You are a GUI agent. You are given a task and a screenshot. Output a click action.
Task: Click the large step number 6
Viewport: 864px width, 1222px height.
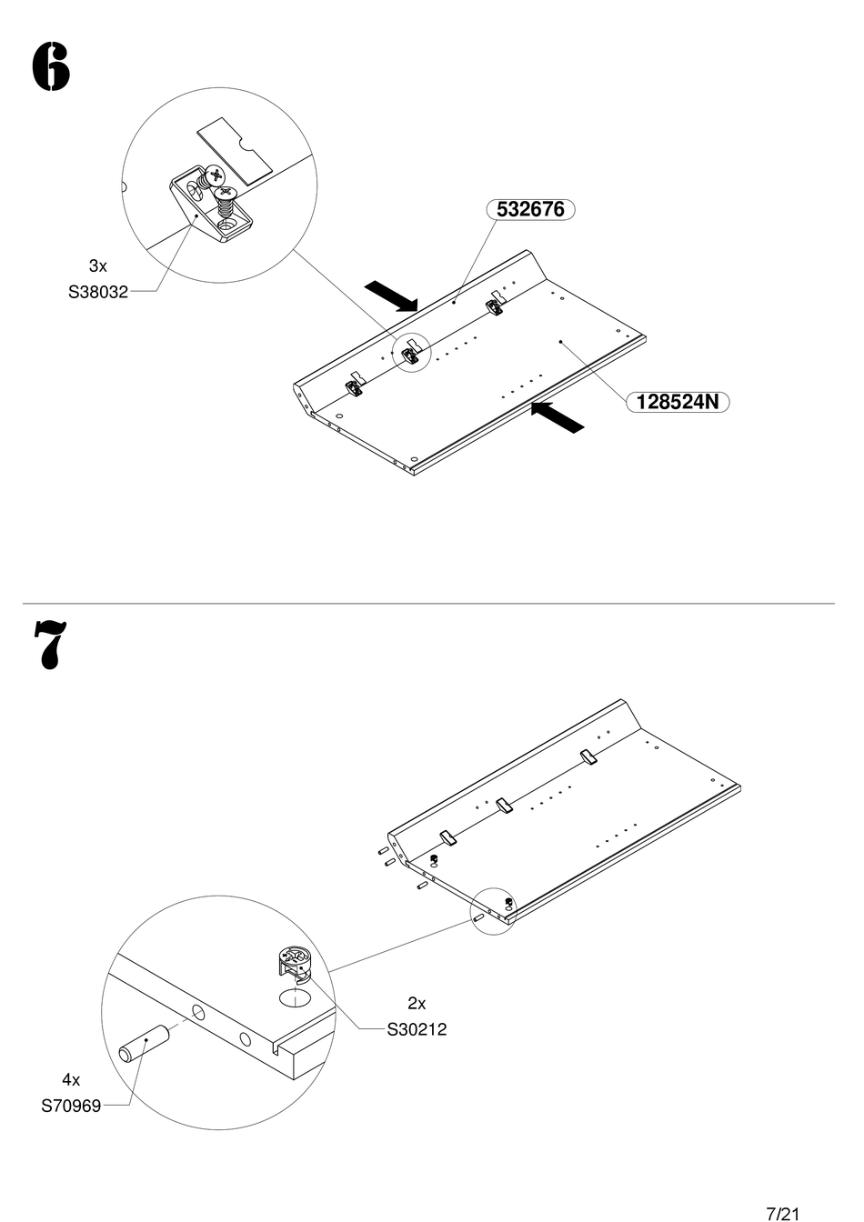51,67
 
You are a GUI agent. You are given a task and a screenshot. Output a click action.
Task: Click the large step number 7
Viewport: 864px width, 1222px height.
50,645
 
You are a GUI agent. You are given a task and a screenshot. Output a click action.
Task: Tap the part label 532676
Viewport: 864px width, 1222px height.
531,209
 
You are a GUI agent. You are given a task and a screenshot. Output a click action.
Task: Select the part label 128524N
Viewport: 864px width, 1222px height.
678,401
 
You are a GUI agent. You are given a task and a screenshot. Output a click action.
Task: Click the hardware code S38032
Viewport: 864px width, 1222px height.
97,293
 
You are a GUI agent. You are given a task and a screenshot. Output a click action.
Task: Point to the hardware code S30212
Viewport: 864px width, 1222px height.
417,1029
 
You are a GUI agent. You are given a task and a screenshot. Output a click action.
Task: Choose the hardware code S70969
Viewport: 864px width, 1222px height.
71,1107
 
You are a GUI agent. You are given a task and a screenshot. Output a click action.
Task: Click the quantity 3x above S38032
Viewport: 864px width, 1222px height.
97,266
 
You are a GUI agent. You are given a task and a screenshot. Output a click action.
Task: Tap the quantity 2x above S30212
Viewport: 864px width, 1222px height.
417,1003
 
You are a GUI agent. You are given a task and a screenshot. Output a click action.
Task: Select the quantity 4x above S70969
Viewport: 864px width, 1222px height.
71,1080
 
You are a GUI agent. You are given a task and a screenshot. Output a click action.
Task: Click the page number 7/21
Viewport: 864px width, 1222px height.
783,1213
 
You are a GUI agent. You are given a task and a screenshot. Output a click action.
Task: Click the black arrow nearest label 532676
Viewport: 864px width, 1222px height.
391,296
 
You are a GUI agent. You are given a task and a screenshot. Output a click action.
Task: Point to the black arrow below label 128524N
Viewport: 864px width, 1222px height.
557,417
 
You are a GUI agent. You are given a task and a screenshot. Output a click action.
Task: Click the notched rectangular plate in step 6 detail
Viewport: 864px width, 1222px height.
235,145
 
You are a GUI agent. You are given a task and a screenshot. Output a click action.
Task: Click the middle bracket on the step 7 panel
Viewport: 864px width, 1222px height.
506,806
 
